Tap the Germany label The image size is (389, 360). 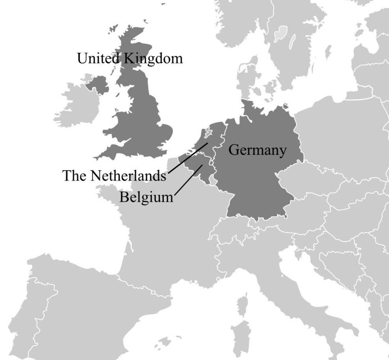[257, 150]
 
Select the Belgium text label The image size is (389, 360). [146, 197]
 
